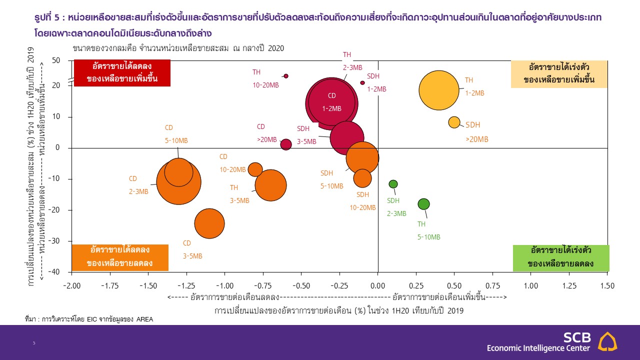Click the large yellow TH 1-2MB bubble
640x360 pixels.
click(438, 90)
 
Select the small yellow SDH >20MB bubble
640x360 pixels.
click(454, 122)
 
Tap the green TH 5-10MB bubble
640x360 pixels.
click(423, 204)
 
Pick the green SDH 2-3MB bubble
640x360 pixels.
click(393, 184)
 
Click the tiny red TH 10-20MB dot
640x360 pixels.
click(286, 76)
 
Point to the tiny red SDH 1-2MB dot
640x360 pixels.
click(362, 83)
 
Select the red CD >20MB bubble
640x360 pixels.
click(286, 144)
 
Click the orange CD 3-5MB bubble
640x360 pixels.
click(209, 223)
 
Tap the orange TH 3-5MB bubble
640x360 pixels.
click(270, 185)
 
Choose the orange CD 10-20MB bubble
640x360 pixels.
click(255, 169)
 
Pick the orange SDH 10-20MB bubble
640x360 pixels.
click(362, 177)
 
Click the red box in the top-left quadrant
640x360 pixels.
click(122, 73)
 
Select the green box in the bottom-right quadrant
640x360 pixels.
click(561, 258)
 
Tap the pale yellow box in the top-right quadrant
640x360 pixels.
click(559, 74)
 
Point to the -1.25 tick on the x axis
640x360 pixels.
click(186, 285)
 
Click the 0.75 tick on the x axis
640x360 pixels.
click(492, 285)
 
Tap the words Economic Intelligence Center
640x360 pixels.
click(538, 348)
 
